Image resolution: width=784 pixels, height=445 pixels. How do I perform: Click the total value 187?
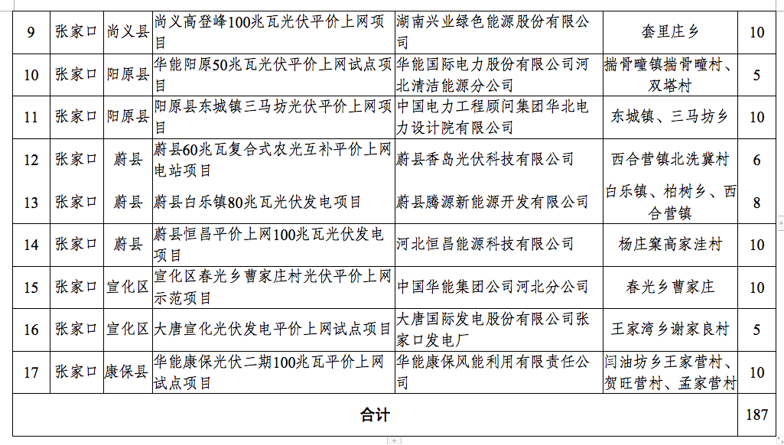756,414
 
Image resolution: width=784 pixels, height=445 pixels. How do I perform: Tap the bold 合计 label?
375,414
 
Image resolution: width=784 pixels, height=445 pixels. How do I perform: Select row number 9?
31,33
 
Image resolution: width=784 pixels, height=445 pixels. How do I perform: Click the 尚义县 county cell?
128,32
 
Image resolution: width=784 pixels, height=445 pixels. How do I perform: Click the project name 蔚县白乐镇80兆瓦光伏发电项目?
258,202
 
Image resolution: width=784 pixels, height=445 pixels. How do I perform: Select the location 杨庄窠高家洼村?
670,245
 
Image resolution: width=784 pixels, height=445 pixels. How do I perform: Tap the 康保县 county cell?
126,372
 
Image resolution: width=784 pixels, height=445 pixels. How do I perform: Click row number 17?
31,373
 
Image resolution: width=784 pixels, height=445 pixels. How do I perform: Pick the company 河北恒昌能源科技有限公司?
485,245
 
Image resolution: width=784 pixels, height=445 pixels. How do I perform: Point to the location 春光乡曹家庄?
670,287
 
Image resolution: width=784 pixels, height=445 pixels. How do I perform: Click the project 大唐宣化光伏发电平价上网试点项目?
272,330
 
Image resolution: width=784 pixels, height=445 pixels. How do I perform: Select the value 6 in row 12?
756,160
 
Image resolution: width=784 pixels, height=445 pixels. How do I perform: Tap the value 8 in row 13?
756,203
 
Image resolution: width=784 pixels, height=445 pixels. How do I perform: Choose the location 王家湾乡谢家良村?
670,330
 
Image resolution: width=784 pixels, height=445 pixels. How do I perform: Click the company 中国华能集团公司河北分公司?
493,287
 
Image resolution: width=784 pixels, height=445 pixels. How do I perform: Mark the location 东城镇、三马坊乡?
670,117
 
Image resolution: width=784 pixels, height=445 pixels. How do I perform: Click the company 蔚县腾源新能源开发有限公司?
493,202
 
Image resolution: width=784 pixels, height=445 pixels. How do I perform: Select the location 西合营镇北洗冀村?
670,160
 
